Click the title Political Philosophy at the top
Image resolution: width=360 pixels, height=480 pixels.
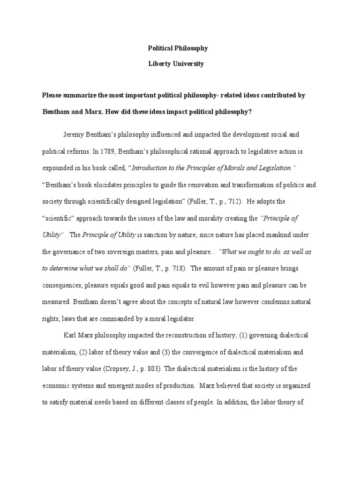[x=178, y=48]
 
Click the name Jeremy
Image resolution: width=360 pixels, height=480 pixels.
[x=74, y=135]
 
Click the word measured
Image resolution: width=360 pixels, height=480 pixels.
[x=58, y=302]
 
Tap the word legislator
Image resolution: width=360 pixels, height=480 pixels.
[x=179, y=319]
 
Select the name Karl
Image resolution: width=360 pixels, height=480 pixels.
[x=70, y=336]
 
